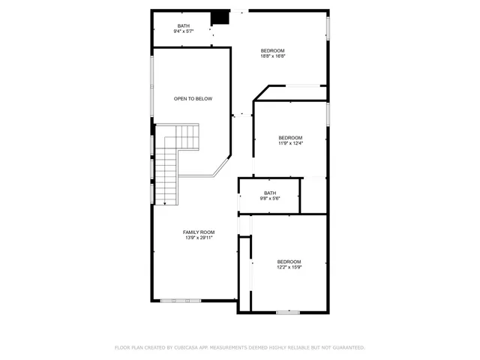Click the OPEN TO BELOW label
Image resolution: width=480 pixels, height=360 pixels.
tap(193, 98)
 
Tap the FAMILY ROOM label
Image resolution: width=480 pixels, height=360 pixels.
tap(199, 232)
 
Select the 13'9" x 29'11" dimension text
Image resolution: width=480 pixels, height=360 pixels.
tap(199, 238)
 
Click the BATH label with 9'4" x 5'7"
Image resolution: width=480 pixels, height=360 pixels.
tap(184, 26)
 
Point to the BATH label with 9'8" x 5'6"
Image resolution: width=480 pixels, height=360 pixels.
tap(270, 193)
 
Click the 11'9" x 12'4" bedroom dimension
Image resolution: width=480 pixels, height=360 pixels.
tap(289, 143)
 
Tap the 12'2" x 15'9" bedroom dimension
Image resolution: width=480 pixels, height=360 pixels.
tap(289, 267)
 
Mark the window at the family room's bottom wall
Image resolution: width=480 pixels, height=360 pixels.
tap(181, 300)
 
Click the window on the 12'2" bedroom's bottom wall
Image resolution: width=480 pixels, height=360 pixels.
tap(288, 311)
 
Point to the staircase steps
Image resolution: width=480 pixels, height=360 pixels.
tap(184, 138)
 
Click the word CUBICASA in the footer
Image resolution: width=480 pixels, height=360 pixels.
tap(184, 347)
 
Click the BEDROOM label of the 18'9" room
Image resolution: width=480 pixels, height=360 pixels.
tap(273, 50)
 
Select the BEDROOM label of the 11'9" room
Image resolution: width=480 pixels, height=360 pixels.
tap(289, 137)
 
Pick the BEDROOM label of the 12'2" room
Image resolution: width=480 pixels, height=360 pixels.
tap(289, 261)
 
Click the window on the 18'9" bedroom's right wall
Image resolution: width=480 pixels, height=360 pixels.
tap(328, 28)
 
